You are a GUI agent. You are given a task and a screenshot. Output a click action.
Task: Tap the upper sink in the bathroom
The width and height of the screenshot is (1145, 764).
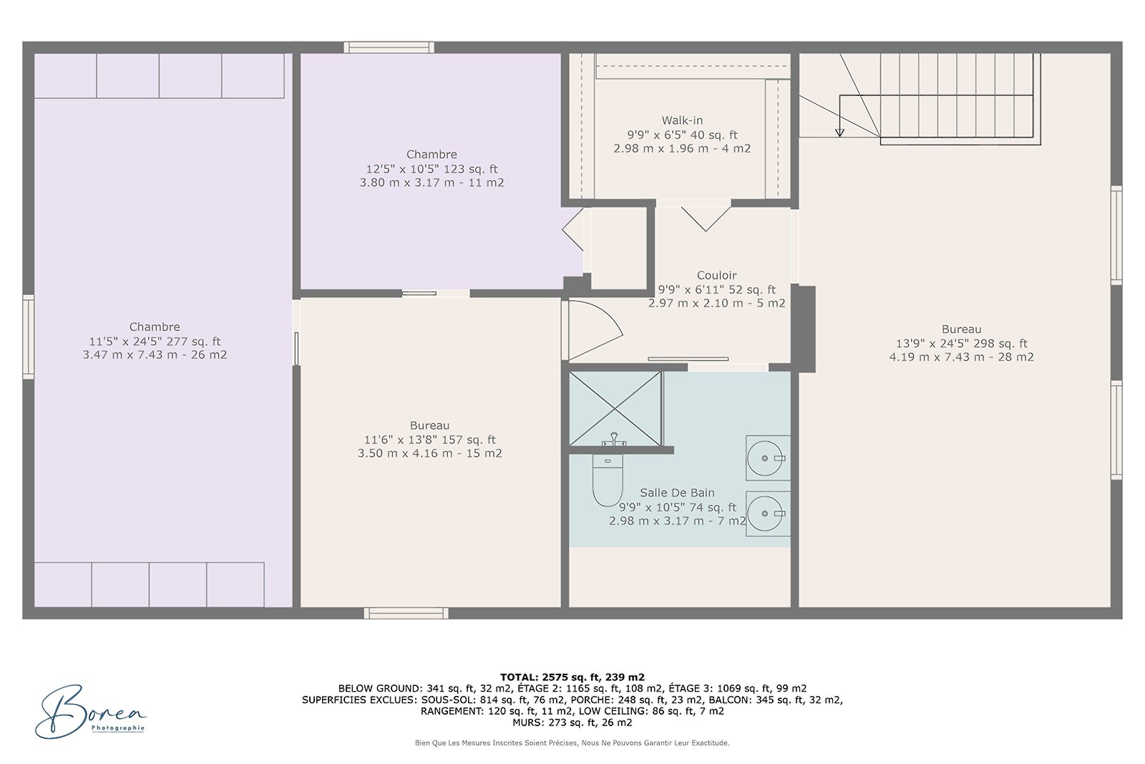coord(766,458)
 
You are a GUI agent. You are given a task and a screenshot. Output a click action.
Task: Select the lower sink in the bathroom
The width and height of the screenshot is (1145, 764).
coord(766,513)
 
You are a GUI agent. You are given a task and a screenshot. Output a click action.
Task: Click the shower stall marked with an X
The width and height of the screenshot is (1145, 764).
coord(615,408)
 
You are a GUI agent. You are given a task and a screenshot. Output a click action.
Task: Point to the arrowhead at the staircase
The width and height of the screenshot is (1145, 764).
coord(839,132)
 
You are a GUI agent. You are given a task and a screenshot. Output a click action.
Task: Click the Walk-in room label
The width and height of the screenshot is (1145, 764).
coord(682,120)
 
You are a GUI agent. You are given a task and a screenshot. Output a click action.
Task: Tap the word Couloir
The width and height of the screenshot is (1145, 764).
coord(716,276)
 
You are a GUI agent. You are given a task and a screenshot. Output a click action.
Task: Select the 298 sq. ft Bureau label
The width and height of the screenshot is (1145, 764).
coord(961,329)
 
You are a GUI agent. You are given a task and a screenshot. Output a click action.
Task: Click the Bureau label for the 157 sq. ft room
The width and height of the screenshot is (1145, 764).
coord(429,425)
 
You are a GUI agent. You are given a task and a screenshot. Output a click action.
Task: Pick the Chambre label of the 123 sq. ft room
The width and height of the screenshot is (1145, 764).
coord(432,155)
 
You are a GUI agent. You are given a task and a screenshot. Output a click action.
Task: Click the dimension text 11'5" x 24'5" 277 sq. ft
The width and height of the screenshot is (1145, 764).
coord(155,342)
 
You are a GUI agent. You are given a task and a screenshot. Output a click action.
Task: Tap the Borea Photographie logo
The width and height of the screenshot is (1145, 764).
coord(90,712)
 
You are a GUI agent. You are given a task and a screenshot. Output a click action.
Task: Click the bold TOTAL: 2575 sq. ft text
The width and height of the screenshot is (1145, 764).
coord(572,677)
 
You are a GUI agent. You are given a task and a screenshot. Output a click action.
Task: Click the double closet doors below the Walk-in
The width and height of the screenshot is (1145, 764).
coord(706,217)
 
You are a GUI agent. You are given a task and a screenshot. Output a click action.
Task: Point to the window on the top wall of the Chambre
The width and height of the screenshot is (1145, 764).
coord(389,47)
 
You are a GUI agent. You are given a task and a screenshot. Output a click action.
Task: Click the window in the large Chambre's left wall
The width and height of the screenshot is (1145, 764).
coord(28,337)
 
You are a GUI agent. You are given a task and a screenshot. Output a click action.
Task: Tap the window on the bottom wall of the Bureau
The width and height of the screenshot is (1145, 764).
coord(406,613)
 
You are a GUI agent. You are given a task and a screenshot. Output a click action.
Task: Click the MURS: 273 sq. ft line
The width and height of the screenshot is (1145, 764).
coord(572,722)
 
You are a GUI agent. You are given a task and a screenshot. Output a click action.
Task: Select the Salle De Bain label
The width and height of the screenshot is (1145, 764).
coord(677,493)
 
